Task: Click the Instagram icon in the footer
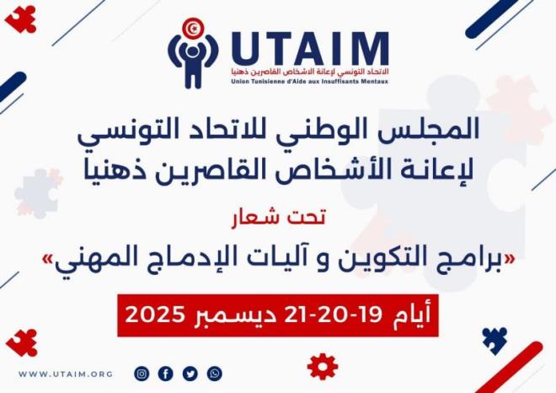coord(142,374)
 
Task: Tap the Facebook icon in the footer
coord(166,374)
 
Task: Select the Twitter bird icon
coord(190,374)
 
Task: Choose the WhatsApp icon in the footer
coord(215,374)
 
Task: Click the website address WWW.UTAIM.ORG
coord(65,374)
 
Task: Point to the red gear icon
coord(323,366)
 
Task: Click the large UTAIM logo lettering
coord(310,49)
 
